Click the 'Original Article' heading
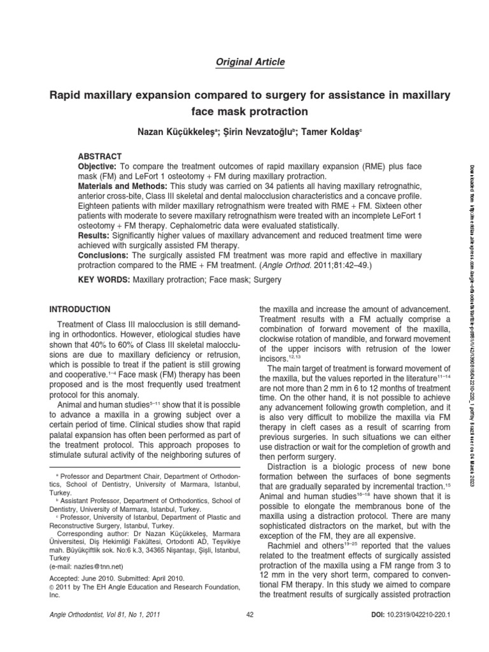point(245,62)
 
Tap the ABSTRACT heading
point(99,155)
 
